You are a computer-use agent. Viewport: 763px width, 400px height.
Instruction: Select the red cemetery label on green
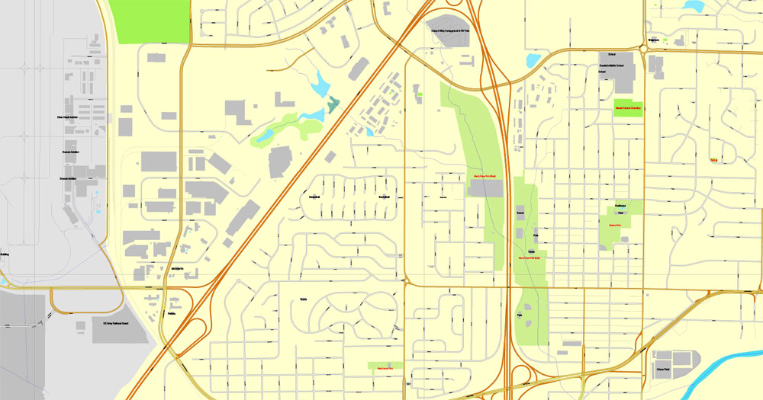[628, 108]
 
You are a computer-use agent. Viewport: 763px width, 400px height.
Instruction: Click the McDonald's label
[179, 268]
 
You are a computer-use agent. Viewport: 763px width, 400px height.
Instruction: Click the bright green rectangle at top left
[150, 21]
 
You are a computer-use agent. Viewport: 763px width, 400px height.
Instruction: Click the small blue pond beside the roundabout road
[532, 59]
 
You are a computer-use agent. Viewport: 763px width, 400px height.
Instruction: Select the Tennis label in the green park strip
[531, 251]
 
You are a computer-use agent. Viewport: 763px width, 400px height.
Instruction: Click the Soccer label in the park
[520, 215]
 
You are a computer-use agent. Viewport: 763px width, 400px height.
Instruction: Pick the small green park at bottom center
[385, 366]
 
